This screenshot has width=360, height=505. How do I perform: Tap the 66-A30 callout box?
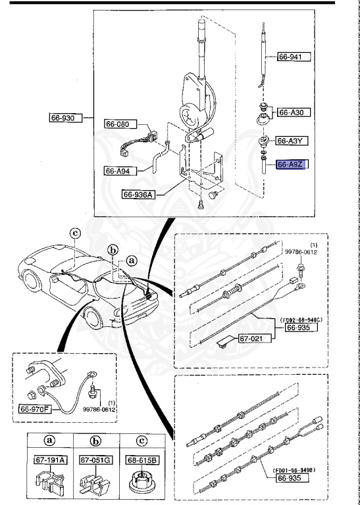pos(293,113)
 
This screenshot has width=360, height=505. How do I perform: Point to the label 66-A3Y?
pos(293,141)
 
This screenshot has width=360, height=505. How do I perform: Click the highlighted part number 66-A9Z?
pos(293,165)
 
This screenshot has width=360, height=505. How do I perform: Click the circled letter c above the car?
pos(75,232)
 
